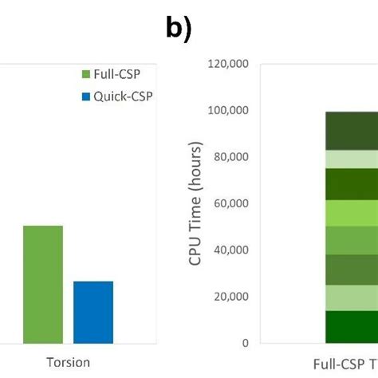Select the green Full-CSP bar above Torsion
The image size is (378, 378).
[x=42, y=284]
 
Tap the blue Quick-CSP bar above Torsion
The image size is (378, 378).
[x=93, y=312]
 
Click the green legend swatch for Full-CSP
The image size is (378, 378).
[x=85, y=75]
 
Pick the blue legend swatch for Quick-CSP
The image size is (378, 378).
[x=85, y=96]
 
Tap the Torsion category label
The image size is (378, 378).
[x=68, y=362]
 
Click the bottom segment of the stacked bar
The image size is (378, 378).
[x=351, y=326]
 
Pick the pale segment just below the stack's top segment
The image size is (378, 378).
[x=351, y=159]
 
